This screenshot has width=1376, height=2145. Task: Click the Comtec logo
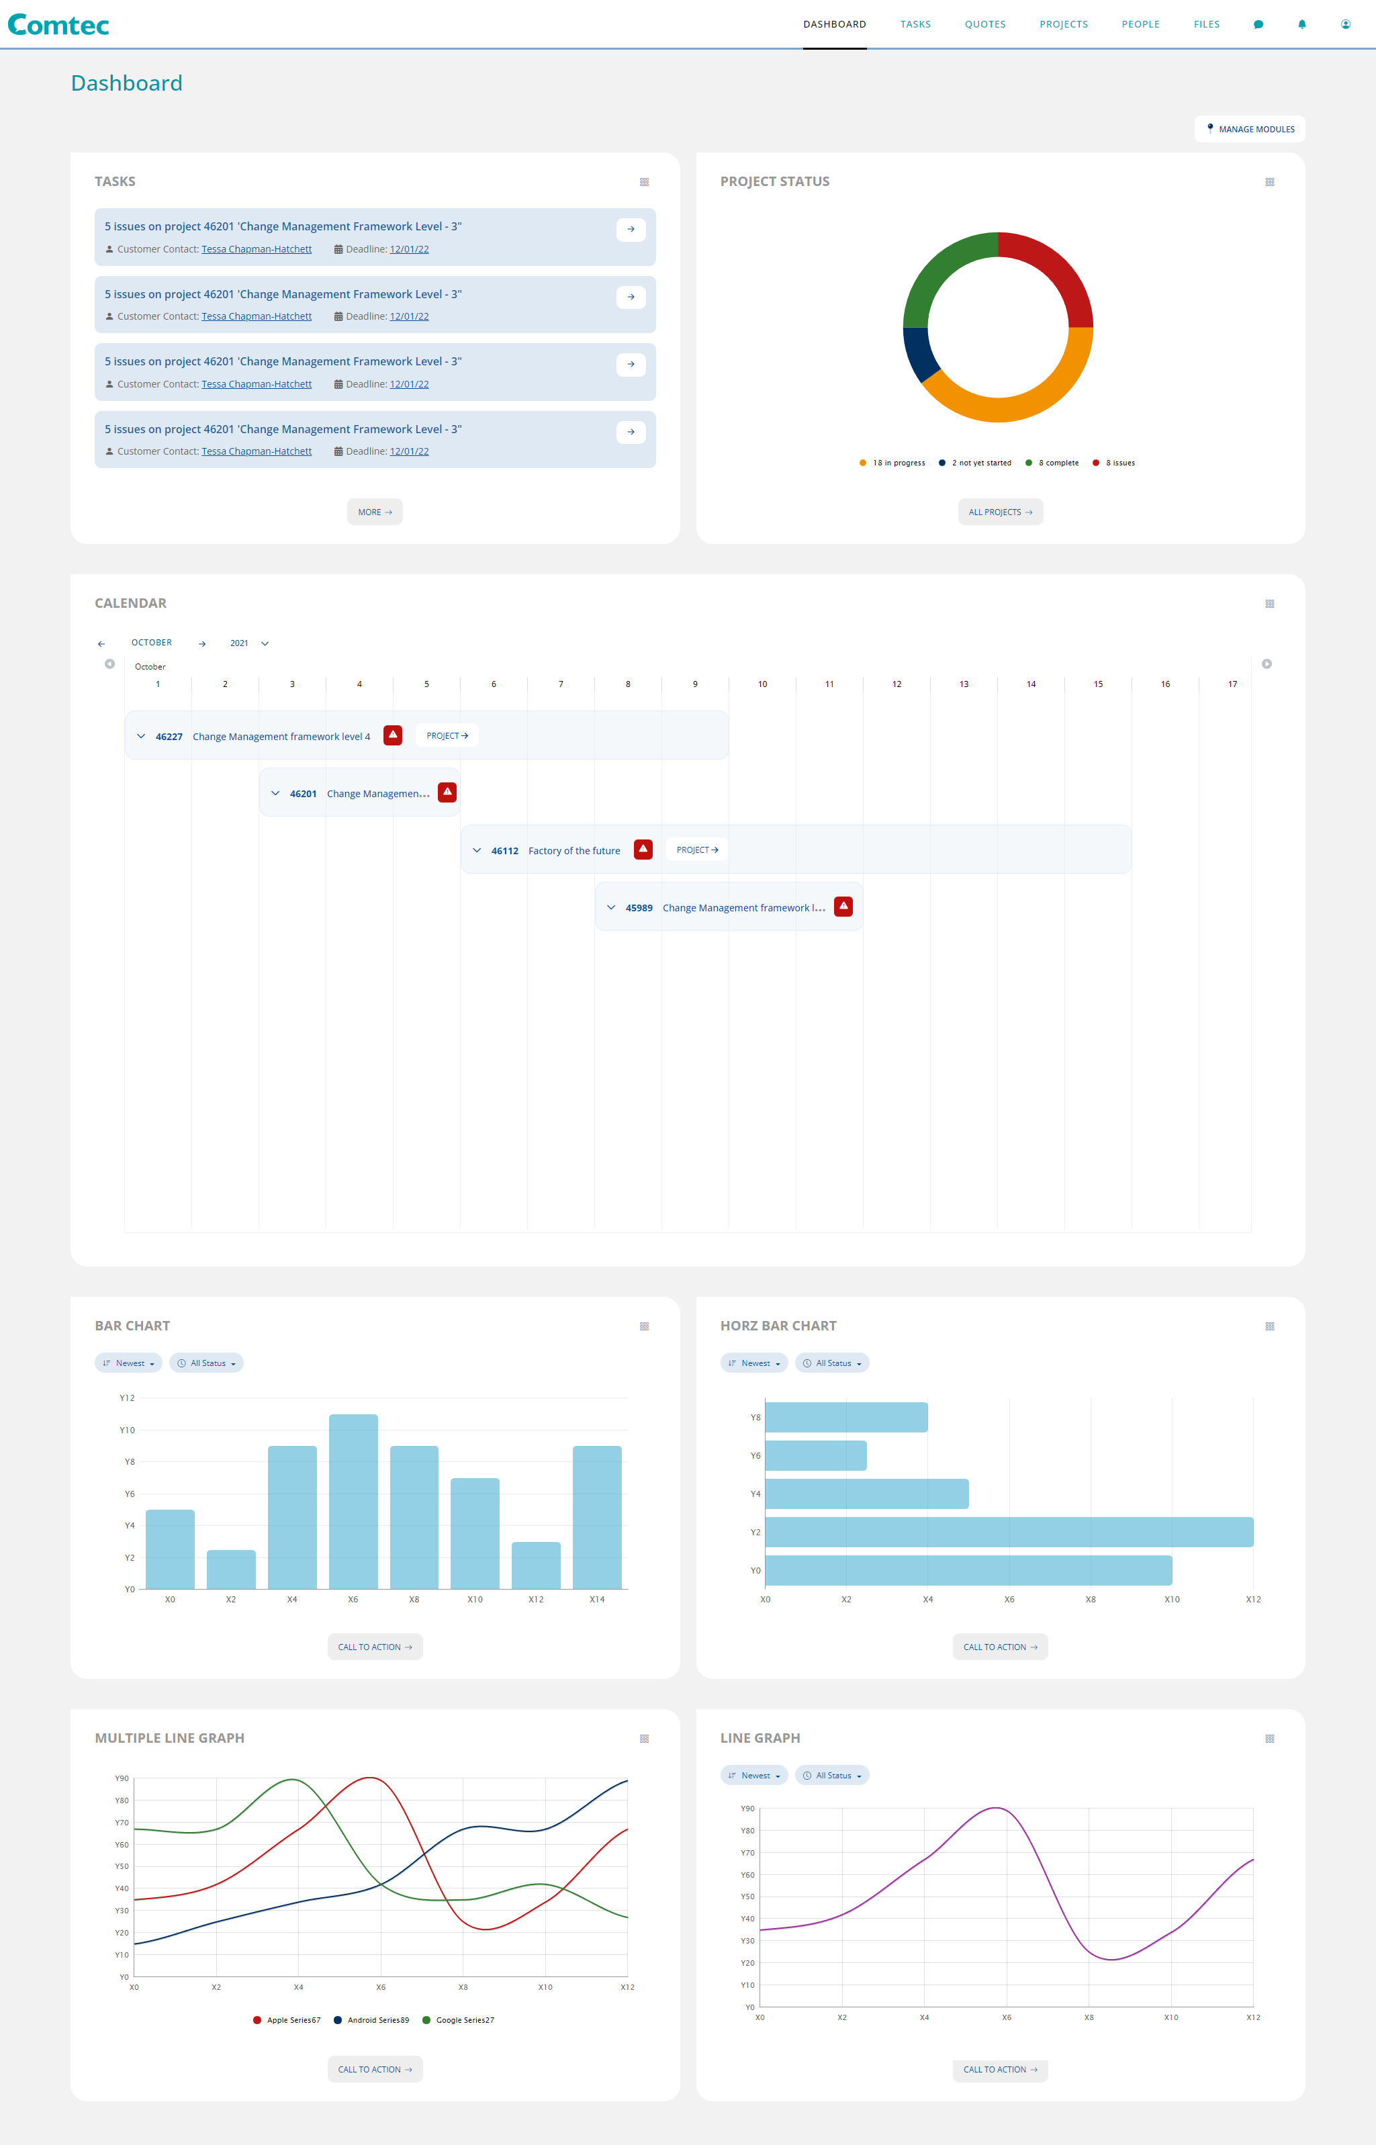click(58, 25)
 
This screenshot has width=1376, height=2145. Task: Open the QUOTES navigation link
click(984, 24)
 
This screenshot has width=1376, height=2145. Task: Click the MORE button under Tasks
click(374, 512)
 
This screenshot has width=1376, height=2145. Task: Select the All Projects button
click(1000, 512)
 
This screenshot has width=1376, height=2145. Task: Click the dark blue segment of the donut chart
click(917, 352)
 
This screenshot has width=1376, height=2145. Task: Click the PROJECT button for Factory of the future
click(697, 850)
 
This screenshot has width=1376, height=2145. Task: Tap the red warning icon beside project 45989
click(843, 906)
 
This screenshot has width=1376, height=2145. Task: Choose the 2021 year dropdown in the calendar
click(248, 643)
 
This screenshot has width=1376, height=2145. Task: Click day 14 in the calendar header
click(1030, 684)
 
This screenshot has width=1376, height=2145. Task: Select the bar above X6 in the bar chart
click(353, 1501)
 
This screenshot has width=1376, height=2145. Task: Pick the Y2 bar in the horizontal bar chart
click(1009, 1531)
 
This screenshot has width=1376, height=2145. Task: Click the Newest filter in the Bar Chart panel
click(129, 1363)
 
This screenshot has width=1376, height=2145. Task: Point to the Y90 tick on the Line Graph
click(747, 1808)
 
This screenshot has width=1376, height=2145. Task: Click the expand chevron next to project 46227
click(141, 736)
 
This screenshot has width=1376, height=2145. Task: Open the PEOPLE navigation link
click(1140, 24)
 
